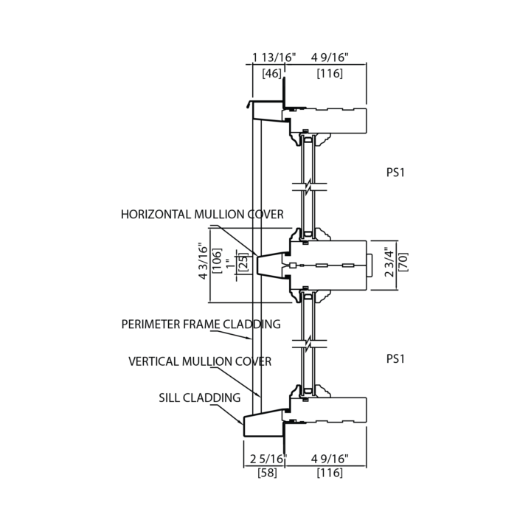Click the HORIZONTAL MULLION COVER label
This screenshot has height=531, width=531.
(203, 215)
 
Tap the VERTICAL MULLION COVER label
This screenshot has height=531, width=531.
(200, 361)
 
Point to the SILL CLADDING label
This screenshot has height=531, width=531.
(200, 398)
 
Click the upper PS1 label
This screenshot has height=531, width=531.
(397, 173)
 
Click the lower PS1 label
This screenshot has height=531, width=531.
(397, 358)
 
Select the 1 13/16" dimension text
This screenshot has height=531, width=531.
(273, 57)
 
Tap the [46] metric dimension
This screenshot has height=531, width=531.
(271, 73)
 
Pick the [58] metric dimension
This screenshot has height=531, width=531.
(267, 473)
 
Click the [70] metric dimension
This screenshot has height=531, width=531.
(403, 265)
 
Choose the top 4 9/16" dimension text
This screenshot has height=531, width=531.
(329, 57)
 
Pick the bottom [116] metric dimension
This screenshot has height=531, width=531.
(329, 473)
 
